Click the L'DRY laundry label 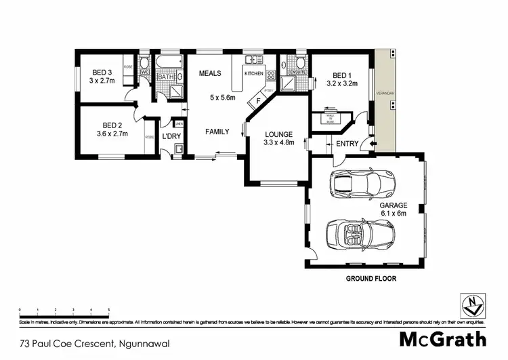point(172,136)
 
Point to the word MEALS point(210,73)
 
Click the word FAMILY point(217,131)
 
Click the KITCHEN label point(253,73)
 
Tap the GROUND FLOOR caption point(371,279)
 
